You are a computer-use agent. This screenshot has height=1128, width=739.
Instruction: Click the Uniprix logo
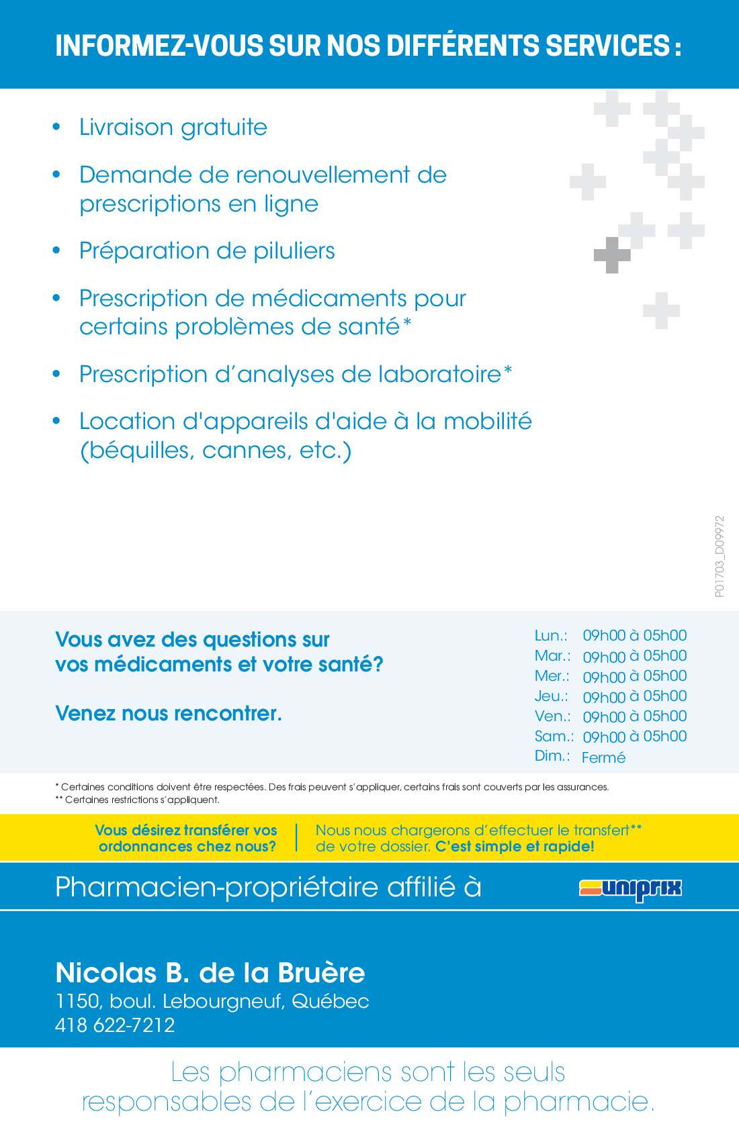point(630,888)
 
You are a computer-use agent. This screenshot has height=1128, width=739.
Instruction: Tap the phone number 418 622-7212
point(115,1025)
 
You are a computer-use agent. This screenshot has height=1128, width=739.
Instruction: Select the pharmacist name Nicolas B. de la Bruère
point(210,973)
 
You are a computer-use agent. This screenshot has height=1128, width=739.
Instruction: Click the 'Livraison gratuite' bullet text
point(173,128)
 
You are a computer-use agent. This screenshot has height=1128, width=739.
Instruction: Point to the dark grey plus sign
point(611,255)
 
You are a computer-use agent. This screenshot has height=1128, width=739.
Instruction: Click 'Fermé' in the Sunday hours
point(603,757)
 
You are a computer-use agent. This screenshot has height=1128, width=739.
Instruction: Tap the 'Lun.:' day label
point(551,636)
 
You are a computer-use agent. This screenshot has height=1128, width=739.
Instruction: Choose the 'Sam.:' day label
point(554,737)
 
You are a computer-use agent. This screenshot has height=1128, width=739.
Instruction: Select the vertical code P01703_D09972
point(720,557)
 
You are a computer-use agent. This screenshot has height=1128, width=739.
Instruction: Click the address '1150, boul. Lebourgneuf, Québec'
point(212,1001)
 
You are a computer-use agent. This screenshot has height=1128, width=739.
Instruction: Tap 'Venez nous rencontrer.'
point(169,714)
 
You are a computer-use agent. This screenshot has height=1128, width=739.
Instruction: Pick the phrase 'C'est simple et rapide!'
point(515,847)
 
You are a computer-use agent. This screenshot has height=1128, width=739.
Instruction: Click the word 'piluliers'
point(294,251)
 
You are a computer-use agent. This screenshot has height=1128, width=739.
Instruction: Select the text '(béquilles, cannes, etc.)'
point(216,451)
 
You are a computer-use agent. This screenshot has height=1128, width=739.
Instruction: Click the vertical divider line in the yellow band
point(296,838)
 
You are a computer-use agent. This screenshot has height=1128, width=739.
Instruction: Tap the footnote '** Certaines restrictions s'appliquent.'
point(138,800)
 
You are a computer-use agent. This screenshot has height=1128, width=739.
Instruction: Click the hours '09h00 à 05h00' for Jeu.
point(634,696)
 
